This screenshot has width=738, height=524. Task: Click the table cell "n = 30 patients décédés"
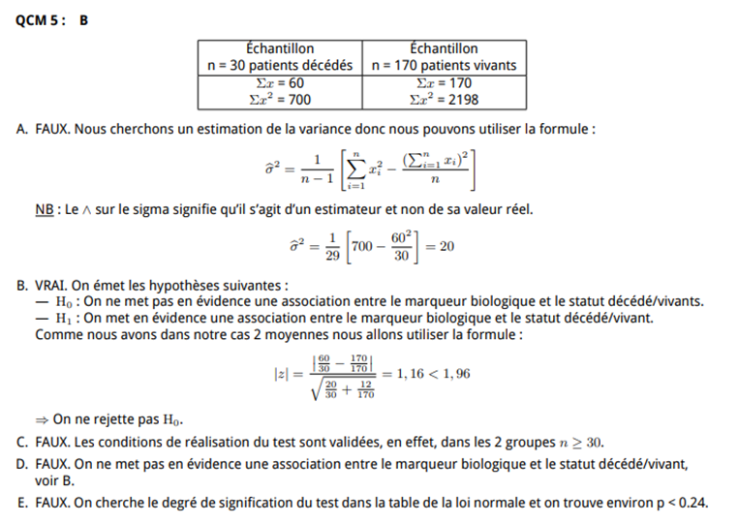pos(280,66)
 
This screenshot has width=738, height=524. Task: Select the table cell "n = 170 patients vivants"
pos(444,66)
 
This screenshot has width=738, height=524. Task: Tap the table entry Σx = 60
pos(279,83)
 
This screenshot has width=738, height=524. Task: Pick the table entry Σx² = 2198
pos(444,99)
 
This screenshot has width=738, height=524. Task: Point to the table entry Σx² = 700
pos(279,99)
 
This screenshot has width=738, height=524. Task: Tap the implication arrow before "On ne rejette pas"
pos(42,419)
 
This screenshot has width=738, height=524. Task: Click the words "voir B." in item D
pos(54,479)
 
